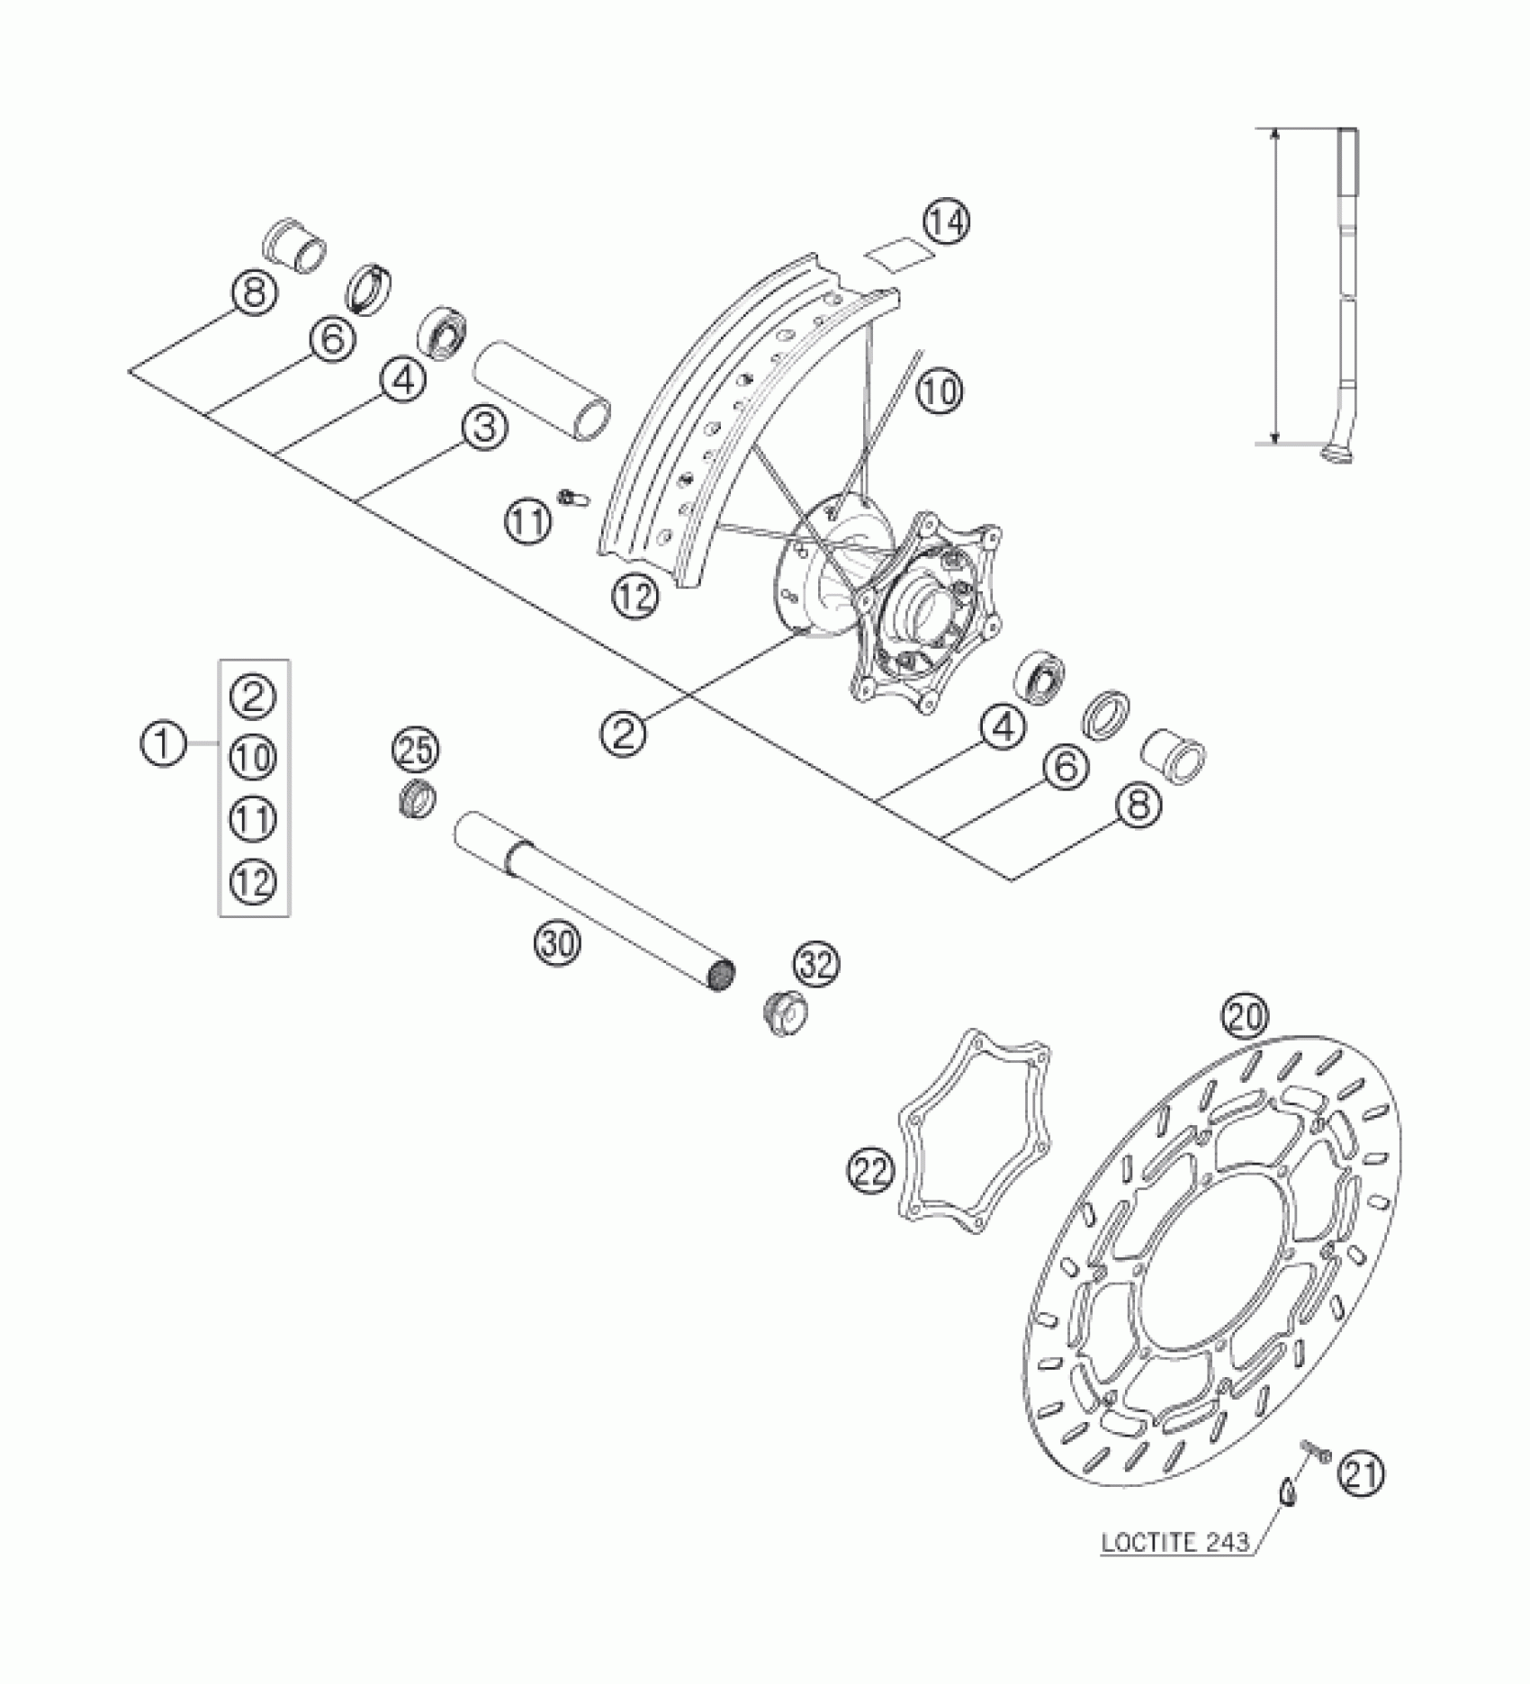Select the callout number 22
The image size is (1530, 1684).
870,1172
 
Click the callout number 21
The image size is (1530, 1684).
1360,1474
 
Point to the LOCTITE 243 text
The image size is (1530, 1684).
1176,1543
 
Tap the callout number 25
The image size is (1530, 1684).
416,752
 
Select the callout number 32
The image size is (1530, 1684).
816,965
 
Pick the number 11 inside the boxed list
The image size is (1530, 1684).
254,819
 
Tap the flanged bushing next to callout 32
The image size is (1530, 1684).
780,1013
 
